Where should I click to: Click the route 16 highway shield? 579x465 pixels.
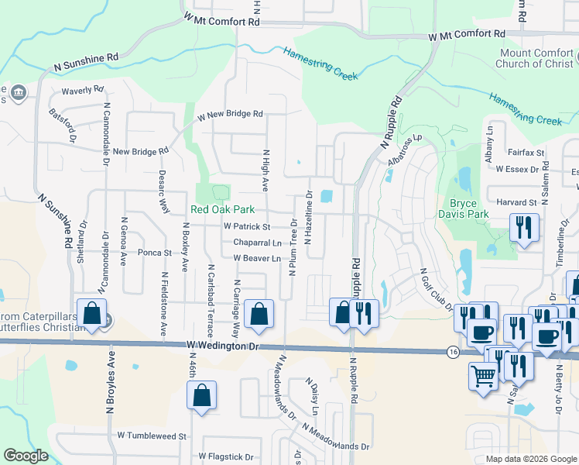pos(452,352)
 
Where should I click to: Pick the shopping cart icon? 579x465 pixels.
pos(484,377)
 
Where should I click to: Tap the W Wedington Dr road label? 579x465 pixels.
pos(221,346)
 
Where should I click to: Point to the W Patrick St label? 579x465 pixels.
pos(246,227)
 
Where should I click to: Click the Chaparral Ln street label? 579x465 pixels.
pos(256,243)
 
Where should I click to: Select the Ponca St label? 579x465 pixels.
pos(154,253)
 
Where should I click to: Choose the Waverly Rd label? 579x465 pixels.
pos(76,90)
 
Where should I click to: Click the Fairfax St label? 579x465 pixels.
pos(526,153)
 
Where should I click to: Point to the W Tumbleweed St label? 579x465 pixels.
pos(152,436)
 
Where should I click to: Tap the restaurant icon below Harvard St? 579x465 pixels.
pos(524,227)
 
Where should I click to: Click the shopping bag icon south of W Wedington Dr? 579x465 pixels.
pos(201,395)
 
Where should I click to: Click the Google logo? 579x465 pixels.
pos(26,456)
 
